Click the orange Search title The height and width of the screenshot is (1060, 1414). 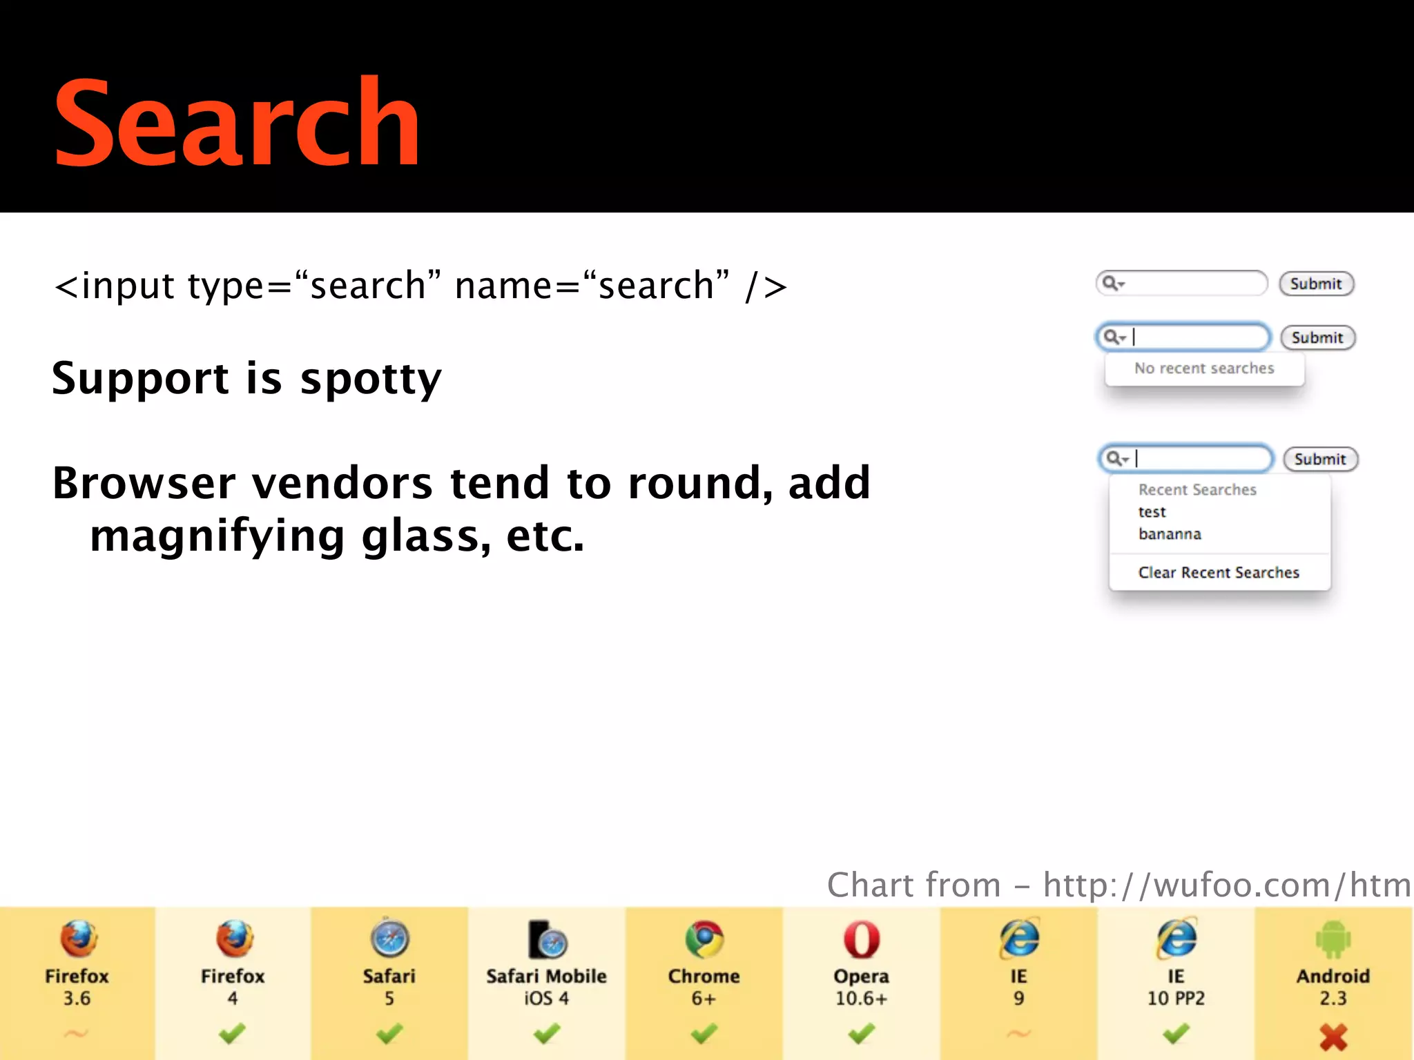pos(236,123)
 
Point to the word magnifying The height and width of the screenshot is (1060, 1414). pos(217,537)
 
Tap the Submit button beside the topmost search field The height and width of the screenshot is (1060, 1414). pos(1316,284)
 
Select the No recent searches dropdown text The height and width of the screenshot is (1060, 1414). pos(1204,369)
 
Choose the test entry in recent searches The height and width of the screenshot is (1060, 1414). pos(1152,512)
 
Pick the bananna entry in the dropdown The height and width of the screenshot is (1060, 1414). pos(1170,534)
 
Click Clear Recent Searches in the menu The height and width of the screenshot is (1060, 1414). pos(1219,573)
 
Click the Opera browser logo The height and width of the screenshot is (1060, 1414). pos(861,939)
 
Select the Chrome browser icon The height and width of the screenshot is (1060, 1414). pos(704,939)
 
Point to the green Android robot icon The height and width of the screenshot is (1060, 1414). pos(1333,939)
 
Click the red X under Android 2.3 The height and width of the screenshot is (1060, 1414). pos(1333,1037)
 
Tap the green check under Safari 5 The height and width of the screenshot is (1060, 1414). pos(389,1034)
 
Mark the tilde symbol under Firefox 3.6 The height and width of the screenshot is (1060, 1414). pos(76,1033)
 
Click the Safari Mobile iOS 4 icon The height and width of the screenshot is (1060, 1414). pos(547,939)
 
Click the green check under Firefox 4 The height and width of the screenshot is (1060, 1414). pos(232,1034)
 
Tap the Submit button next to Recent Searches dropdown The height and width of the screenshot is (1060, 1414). pos(1320,459)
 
